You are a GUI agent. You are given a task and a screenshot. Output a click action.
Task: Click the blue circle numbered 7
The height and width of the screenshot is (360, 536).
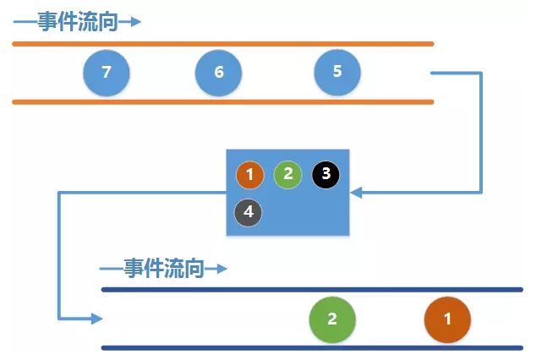(x=107, y=73)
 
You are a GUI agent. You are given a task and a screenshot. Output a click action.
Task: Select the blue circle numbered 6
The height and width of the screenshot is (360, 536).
(x=219, y=73)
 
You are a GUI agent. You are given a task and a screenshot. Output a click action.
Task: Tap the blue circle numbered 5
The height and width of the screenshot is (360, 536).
(x=337, y=71)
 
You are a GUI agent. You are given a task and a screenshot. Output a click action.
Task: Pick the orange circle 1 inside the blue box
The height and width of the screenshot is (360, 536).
(x=250, y=175)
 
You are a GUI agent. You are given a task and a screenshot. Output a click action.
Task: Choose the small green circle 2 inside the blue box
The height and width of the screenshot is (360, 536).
(x=287, y=174)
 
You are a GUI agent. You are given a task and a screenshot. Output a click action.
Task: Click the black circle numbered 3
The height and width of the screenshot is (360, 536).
(x=325, y=174)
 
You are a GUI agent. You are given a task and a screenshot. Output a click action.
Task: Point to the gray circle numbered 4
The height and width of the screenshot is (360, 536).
(x=249, y=212)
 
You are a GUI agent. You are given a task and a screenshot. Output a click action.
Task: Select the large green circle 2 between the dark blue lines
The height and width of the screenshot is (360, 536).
(x=332, y=319)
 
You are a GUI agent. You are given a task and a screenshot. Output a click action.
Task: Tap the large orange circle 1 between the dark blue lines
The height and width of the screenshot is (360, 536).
(x=447, y=319)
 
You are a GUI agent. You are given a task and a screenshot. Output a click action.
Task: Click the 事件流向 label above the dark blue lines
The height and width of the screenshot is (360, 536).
(x=163, y=269)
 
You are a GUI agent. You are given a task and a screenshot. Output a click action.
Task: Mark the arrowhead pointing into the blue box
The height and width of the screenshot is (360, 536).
(x=356, y=193)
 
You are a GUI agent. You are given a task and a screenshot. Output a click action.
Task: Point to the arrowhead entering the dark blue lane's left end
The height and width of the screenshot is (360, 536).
(x=96, y=319)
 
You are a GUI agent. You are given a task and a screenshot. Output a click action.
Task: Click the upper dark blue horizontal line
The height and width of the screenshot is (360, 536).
(x=312, y=290)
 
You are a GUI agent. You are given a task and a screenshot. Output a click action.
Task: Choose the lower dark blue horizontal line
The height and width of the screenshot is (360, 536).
(x=312, y=347)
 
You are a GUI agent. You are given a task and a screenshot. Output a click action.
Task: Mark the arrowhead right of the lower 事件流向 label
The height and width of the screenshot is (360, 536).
(x=222, y=270)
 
